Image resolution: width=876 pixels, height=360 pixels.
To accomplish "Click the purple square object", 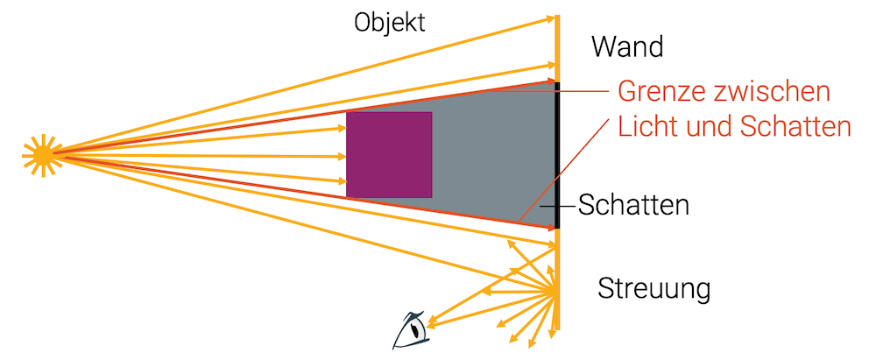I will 389,155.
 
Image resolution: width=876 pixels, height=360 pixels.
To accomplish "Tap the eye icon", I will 411,328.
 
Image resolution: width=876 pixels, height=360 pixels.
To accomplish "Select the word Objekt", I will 389,23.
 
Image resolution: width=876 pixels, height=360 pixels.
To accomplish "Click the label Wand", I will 627,46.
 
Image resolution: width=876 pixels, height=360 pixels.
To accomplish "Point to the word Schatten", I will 633,206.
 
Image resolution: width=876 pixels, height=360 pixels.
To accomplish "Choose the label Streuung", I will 653,288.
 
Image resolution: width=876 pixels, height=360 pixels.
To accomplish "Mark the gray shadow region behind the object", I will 491,158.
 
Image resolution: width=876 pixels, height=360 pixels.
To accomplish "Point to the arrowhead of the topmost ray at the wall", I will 552,18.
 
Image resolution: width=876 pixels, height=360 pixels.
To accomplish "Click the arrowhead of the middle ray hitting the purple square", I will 342,157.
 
